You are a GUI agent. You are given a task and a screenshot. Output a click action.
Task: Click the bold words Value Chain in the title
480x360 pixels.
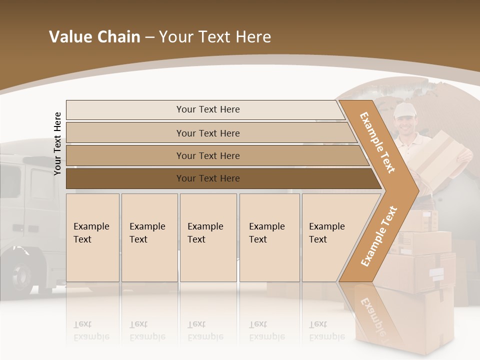point(94,37)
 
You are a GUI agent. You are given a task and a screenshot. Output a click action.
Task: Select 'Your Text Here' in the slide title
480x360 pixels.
point(215,37)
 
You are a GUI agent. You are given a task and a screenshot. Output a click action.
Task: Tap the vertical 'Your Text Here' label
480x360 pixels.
point(57,143)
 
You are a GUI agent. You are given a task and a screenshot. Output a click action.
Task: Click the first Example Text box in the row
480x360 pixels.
point(92,237)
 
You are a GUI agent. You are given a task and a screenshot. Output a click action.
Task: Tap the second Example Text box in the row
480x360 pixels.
point(149,237)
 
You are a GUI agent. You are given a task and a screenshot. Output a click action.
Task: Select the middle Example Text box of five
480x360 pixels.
point(208,237)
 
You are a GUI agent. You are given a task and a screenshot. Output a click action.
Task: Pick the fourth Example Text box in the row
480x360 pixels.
point(269,237)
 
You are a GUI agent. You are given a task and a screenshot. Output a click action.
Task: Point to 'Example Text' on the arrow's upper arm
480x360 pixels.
point(377,142)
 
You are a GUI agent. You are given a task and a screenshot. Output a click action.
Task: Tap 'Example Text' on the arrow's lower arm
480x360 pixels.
point(378,236)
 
